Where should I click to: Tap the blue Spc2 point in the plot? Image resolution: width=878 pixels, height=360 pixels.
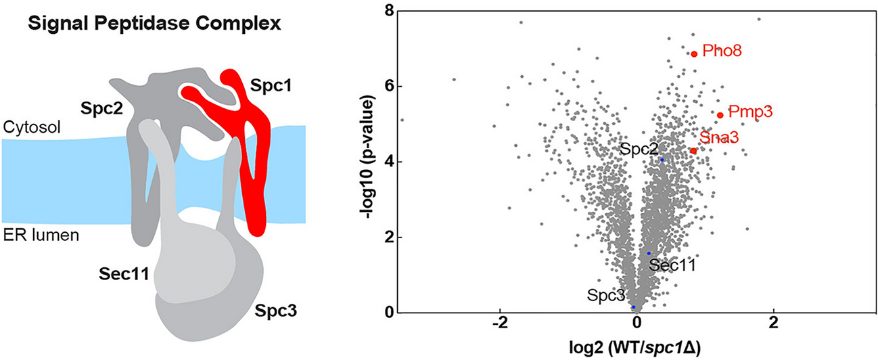662,160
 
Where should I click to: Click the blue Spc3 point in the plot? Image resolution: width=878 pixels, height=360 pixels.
634,307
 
